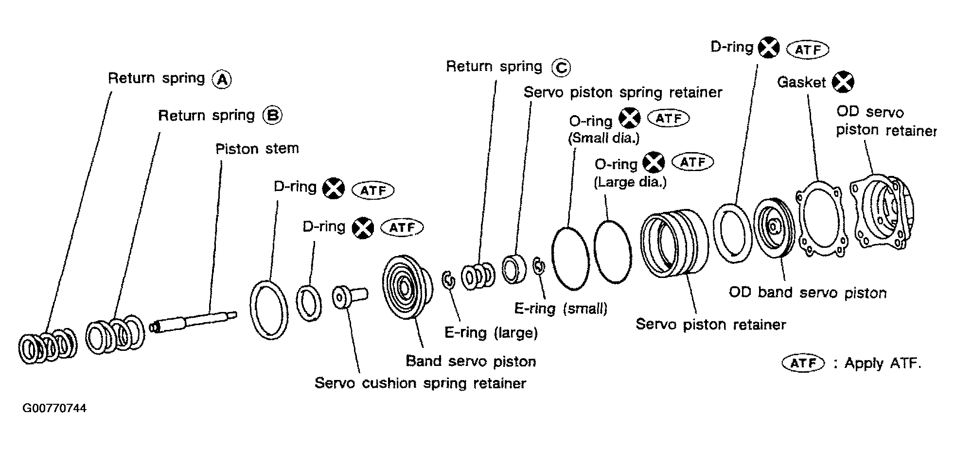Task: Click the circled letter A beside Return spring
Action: (222, 79)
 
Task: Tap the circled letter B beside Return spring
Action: (272, 116)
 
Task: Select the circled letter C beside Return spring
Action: (561, 68)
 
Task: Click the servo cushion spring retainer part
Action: (350, 296)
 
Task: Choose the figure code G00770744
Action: (54, 408)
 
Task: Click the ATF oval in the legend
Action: (803, 363)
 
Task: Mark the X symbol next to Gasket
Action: (843, 82)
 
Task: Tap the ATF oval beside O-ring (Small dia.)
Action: (668, 119)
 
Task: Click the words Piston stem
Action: (257, 149)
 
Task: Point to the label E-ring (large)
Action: (491, 333)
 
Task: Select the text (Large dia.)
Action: (630, 182)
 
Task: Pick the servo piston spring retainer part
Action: (513, 269)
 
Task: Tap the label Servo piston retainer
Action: (710, 324)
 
